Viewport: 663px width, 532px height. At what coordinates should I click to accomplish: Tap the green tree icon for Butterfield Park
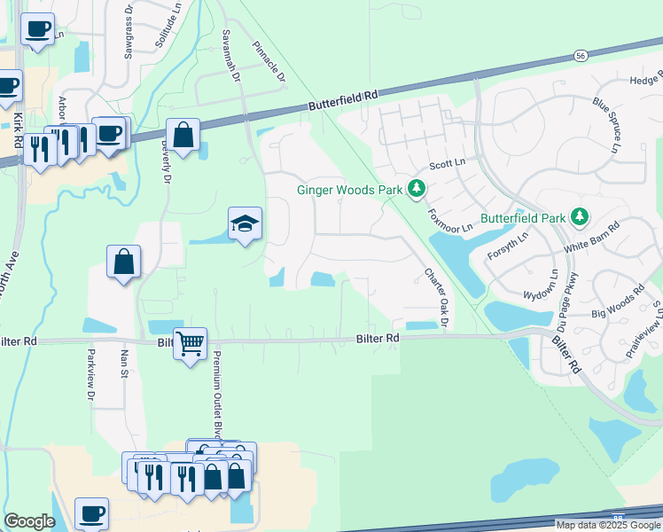579,216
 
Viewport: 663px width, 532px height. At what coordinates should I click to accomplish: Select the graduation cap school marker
245,224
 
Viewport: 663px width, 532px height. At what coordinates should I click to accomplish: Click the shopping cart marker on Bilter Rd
191,343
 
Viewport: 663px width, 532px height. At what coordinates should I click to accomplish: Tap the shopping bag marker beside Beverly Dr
183,136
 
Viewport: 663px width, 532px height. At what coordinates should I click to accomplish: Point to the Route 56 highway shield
580,54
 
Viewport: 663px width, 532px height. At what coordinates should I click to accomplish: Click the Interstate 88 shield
617,514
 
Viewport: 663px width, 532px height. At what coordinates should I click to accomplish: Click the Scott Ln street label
447,164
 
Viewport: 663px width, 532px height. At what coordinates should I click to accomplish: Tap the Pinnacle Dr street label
269,61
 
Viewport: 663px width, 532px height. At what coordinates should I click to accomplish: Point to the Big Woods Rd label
619,302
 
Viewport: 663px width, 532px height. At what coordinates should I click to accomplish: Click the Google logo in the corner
29,521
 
